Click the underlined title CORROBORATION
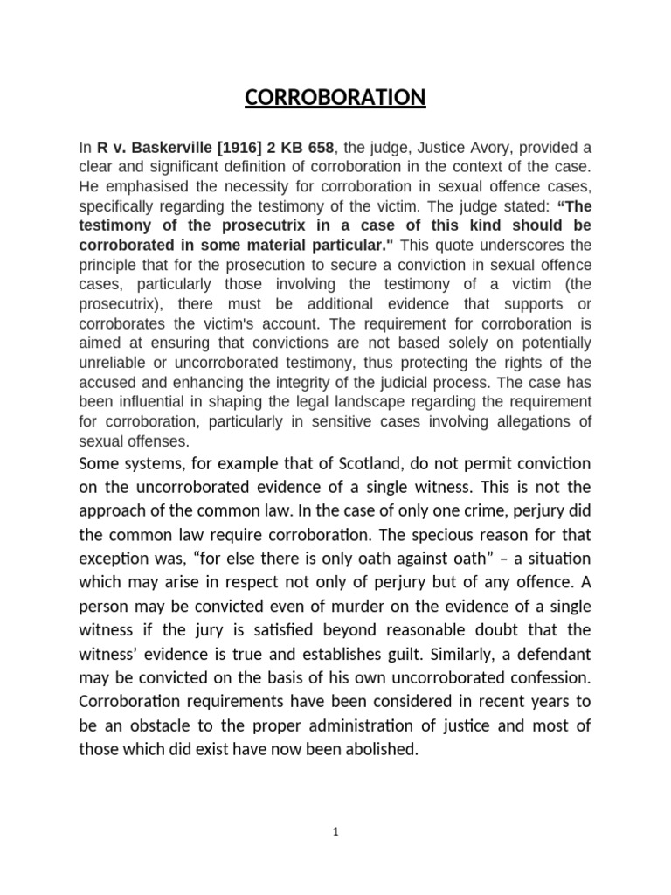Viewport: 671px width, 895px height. tap(335, 97)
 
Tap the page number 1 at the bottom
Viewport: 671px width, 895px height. tap(335, 832)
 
